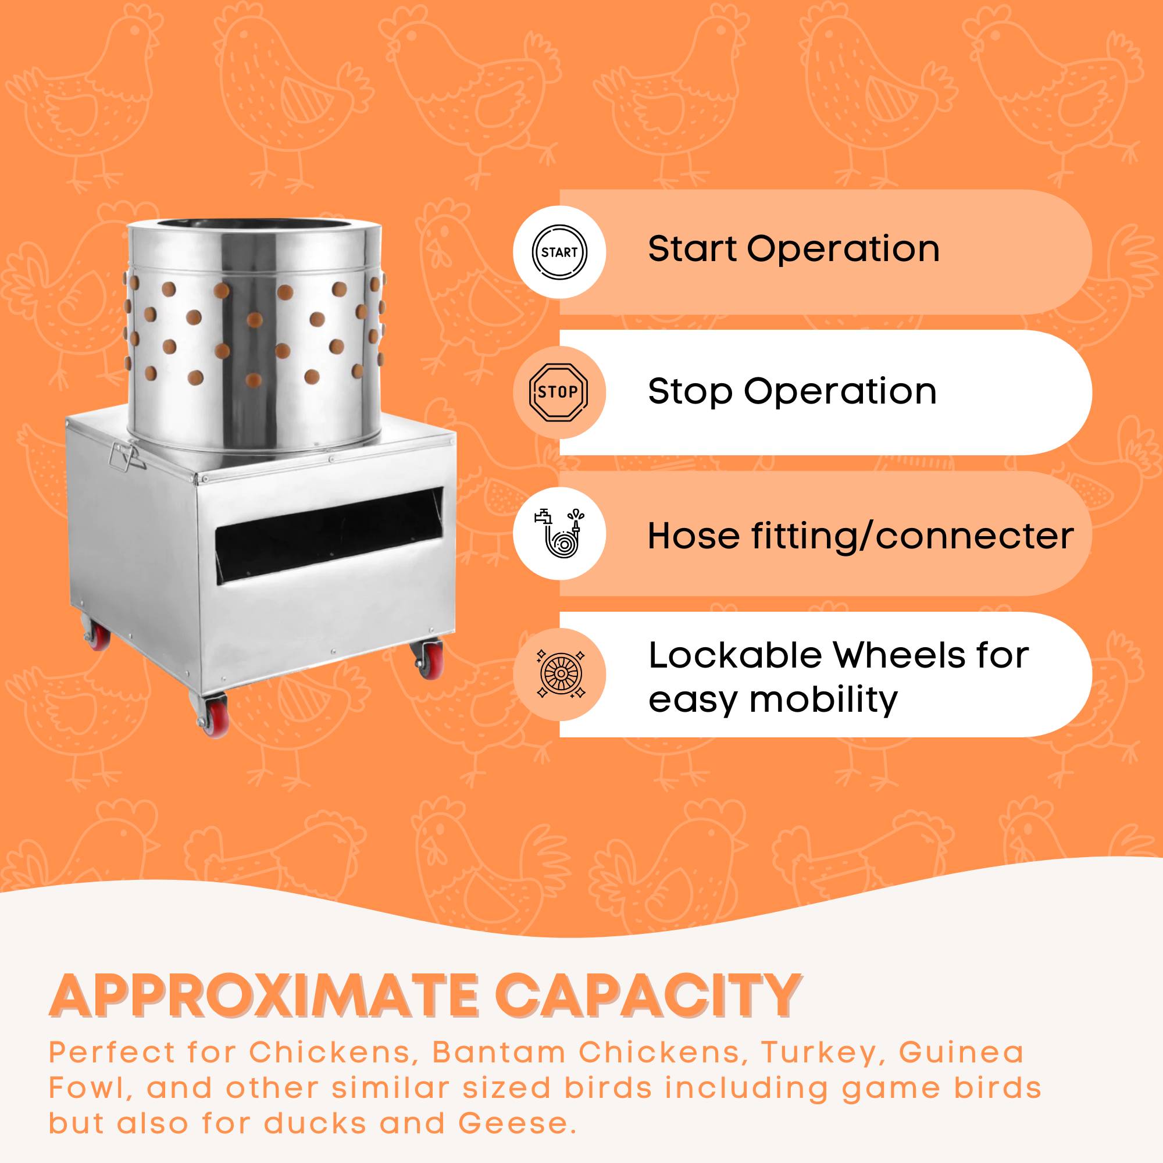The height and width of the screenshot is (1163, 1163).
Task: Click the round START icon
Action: coord(559,252)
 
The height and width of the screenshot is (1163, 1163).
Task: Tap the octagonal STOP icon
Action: coord(558,393)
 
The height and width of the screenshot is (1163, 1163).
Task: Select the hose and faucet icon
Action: coord(559,533)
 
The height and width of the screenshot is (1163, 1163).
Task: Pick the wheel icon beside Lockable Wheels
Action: coord(560,674)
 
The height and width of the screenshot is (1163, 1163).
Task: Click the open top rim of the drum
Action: coord(255,228)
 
